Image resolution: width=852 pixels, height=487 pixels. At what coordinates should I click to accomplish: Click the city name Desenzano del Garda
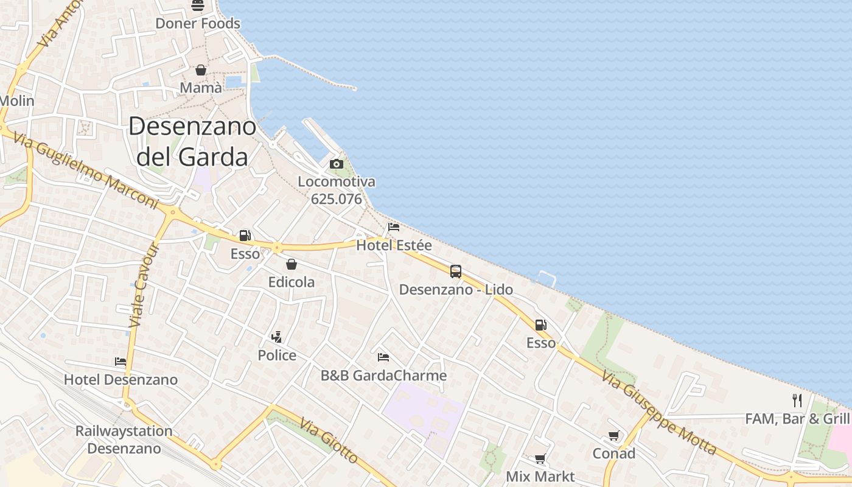192,141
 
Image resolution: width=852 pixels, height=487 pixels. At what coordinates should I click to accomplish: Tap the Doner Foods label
198,24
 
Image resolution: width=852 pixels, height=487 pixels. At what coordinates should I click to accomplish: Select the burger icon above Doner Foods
198,6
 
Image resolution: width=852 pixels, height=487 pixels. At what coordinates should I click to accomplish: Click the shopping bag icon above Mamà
201,71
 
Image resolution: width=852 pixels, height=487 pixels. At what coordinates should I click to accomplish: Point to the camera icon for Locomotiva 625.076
336,164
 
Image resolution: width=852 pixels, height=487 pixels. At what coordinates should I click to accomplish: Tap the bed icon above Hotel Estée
394,228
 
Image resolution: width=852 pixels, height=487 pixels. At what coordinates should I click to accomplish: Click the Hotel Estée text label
394,245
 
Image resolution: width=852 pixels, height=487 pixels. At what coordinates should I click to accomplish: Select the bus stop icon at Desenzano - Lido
456,272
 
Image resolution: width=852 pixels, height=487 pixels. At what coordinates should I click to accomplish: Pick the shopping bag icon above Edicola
292,264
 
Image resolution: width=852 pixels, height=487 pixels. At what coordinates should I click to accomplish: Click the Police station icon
277,337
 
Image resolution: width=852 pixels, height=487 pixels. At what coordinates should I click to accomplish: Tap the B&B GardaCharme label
383,375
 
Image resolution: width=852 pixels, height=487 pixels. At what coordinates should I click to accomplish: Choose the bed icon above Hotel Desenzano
120,362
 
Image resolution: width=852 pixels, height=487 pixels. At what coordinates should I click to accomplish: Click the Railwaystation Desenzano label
124,440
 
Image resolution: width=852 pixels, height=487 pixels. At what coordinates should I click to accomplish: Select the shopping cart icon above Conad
613,436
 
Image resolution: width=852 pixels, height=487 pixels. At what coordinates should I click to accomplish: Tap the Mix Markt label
540,476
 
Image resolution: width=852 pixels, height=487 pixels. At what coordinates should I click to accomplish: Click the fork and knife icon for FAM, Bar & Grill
797,400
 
